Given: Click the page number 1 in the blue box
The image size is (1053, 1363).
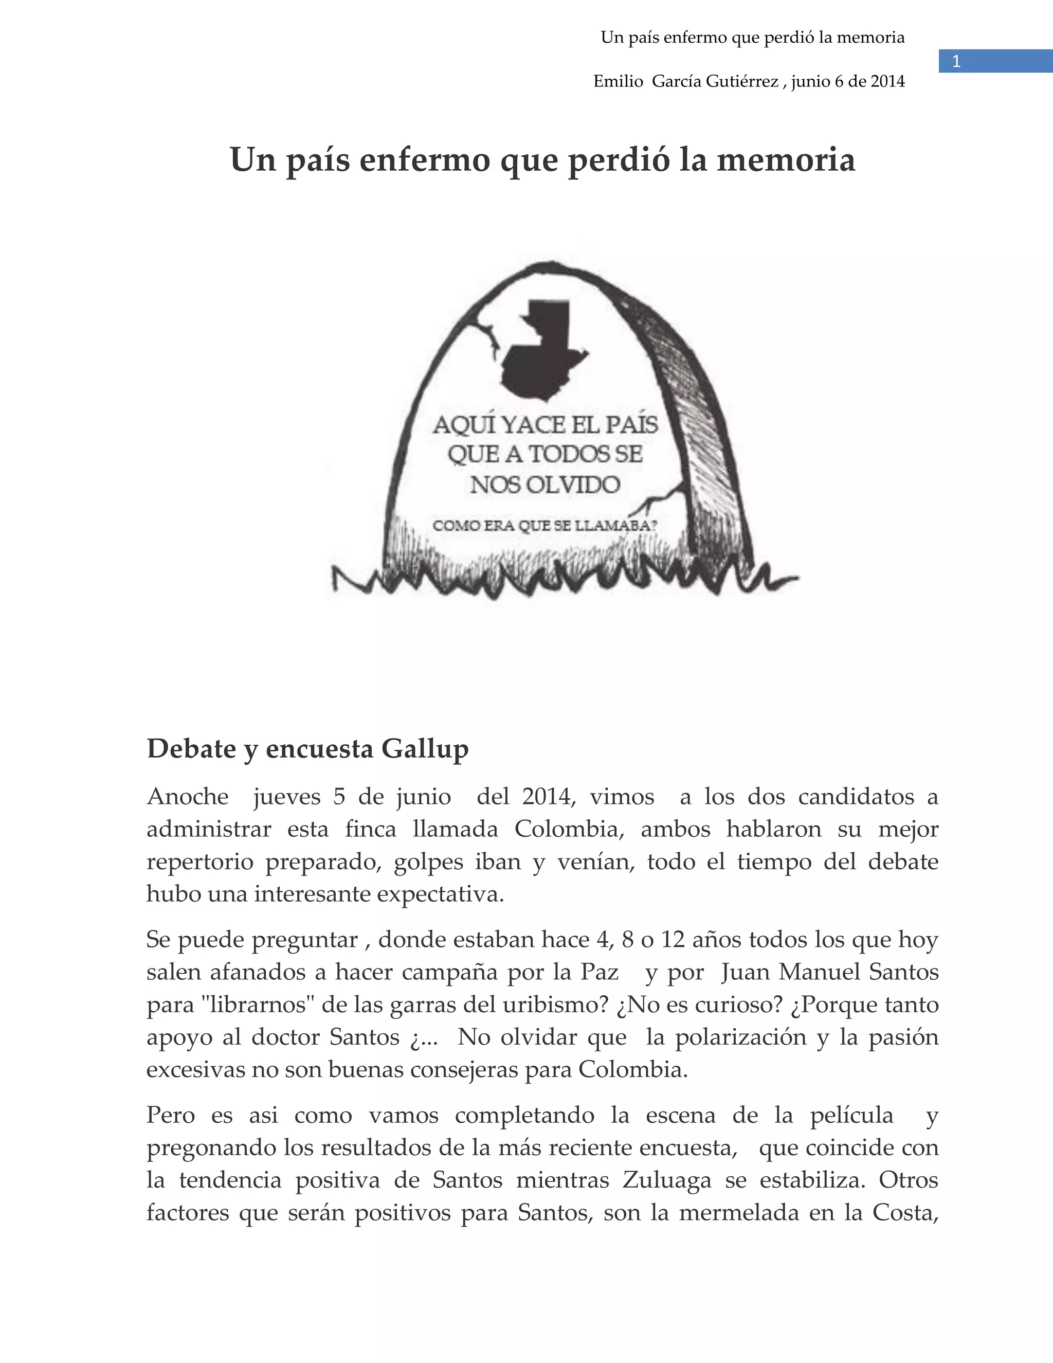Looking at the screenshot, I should coord(956,62).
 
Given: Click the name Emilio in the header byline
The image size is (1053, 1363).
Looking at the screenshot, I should coord(618,82).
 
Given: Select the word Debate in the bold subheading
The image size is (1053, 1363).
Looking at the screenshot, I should coord(191,749).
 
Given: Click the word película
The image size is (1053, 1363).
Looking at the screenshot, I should coord(851,1115).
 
